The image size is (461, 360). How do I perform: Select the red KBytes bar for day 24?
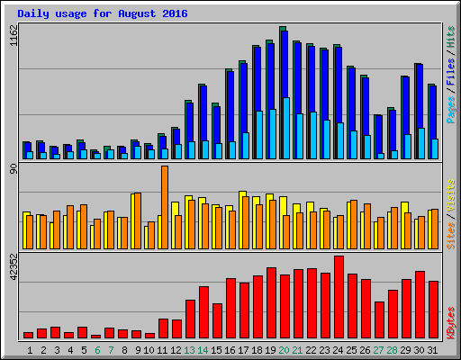pyautogui.click(x=339, y=297)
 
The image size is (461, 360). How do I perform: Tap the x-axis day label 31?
pyautogui.click(x=433, y=349)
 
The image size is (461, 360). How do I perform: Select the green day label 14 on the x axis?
pyautogui.click(x=203, y=349)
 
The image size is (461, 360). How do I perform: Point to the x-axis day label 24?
pyautogui.click(x=339, y=349)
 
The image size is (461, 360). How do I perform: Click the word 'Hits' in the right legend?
pyautogui.click(x=450, y=40)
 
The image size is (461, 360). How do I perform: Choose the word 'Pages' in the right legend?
pyautogui.click(x=450, y=108)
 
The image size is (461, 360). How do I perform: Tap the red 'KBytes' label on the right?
pyautogui.click(x=450, y=322)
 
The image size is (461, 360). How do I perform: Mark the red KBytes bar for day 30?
pyautogui.click(x=420, y=304)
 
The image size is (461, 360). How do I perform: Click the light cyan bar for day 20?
pyautogui.click(x=286, y=128)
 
